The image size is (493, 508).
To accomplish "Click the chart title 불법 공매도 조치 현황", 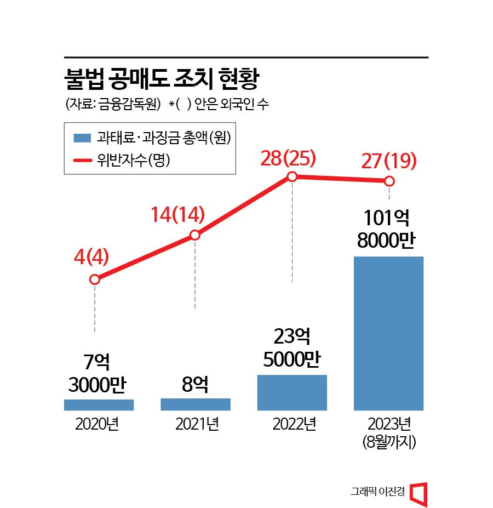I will [x=161, y=80].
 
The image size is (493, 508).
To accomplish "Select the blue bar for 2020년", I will [x=99, y=405].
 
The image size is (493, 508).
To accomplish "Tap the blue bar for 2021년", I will [x=195, y=404].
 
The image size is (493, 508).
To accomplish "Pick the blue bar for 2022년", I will [x=292, y=392].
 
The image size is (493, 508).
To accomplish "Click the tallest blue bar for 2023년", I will [x=388, y=333].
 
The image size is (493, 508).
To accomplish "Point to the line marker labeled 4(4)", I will [x=94, y=279].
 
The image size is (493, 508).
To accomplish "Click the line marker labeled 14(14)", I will [x=195, y=235].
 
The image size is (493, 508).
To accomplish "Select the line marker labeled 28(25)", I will [x=292, y=176].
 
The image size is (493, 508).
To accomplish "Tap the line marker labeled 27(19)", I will [x=389, y=181].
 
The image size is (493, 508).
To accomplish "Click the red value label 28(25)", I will [x=289, y=158].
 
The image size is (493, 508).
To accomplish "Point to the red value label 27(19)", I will [x=389, y=162].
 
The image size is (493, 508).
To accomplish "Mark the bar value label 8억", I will [x=194, y=385].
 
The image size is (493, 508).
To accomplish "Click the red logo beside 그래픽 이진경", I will [x=419, y=493].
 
